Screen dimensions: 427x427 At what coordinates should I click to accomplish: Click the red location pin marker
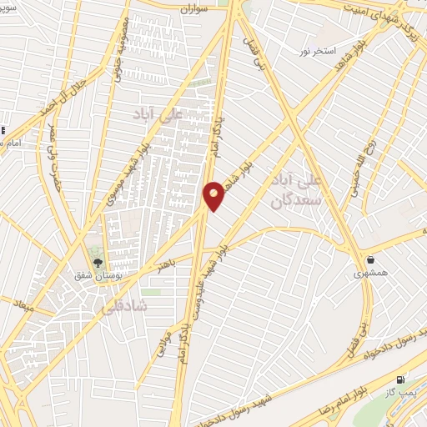click(213, 195)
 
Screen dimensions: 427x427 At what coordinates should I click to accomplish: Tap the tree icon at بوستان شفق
click(98, 264)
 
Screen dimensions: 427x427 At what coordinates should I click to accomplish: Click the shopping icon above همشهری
click(370, 259)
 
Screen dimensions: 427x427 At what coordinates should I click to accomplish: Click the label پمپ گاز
click(406, 391)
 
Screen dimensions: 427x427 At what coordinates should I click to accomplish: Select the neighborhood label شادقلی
click(123, 307)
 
